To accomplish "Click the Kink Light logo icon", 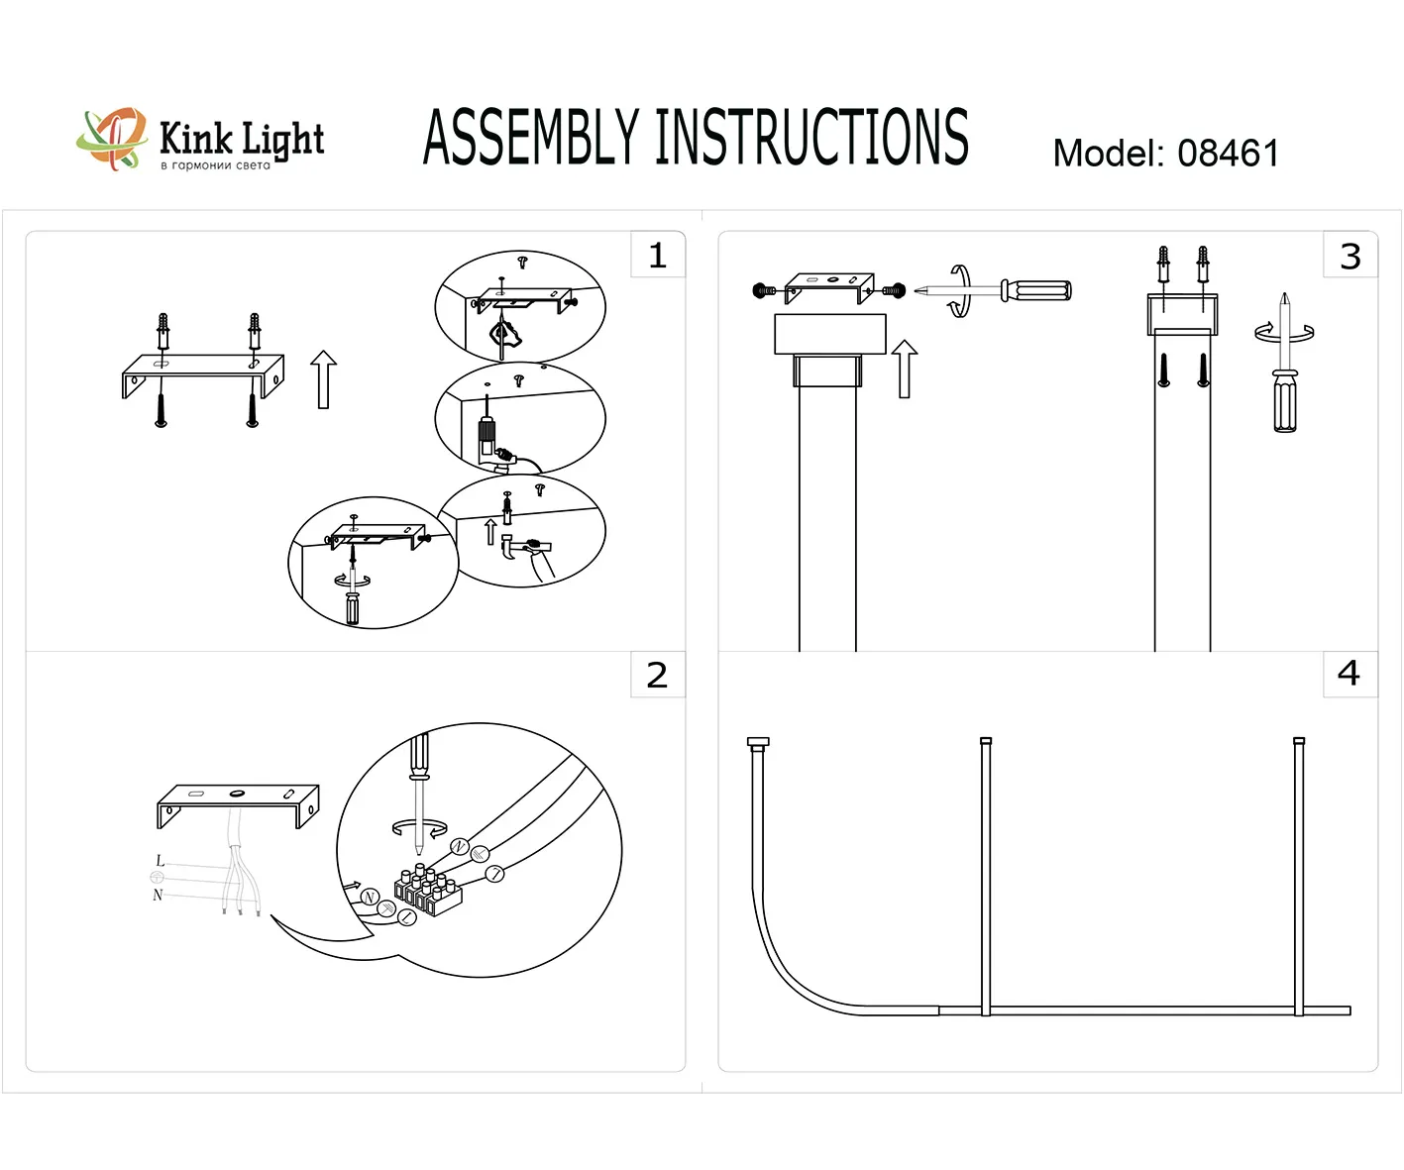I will (x=112, y=139).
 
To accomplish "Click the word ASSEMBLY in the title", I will (x=531, y=138).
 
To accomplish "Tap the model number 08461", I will (x=1228, y=154).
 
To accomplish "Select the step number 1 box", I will (x=658, y=256).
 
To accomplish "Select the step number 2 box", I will (x=658, y=675).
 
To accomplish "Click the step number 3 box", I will (x=1350, y=256).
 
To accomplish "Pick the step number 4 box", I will (x=1350, y=674).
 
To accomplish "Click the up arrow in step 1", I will (x=323, y=378).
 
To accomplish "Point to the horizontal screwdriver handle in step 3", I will (x=1036, y=290).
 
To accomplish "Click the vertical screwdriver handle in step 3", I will (x=1285, y=400).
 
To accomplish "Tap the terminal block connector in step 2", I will (x=428, y=892).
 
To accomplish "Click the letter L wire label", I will (x=161, y=861).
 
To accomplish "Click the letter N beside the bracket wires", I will (x=158, y=895).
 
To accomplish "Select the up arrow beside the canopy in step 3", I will (x=904, y=369).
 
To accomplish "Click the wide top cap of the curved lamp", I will (x=758, y=742).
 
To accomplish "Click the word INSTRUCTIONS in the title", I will (x=811, y=138).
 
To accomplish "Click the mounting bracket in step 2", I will (x=238, y=801).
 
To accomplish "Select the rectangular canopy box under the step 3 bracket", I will (x=829, y=334).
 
